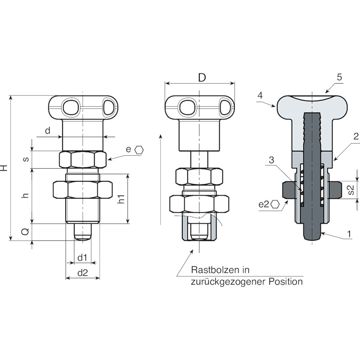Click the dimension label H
[4, 167]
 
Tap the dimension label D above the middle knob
[202, 78]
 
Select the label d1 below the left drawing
[82, 257]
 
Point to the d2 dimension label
[83, 273]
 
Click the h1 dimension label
[121, 199]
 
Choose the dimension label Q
[25, 232]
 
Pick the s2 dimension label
[351, 190]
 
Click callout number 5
[340, 77]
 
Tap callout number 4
[260, 95]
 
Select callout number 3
[271, 160]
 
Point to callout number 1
[349, 234]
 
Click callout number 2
[356, 137]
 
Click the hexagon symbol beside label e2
[275, 204]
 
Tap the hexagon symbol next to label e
[139, 150]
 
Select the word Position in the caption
[286, 282]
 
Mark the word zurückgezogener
[228, 282]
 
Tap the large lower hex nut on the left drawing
[83, 189]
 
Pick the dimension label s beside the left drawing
[26, 159]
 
